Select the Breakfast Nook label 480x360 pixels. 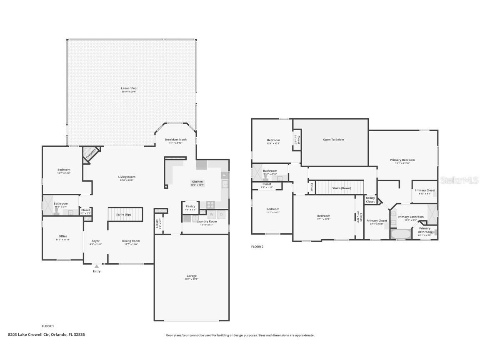175,140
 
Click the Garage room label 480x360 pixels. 191,276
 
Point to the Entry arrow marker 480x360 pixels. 97,266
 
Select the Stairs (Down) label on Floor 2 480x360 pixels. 341,188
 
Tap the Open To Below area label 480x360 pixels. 333,140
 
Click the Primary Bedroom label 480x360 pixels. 402,160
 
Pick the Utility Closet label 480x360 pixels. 370,200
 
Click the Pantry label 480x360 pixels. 190,206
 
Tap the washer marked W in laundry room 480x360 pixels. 211,215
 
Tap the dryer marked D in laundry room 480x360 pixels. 222,215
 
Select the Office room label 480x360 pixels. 62,236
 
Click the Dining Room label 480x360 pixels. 131,241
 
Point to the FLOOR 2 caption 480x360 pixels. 257,247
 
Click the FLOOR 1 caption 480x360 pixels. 48,326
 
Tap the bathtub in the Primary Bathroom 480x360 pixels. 400,234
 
